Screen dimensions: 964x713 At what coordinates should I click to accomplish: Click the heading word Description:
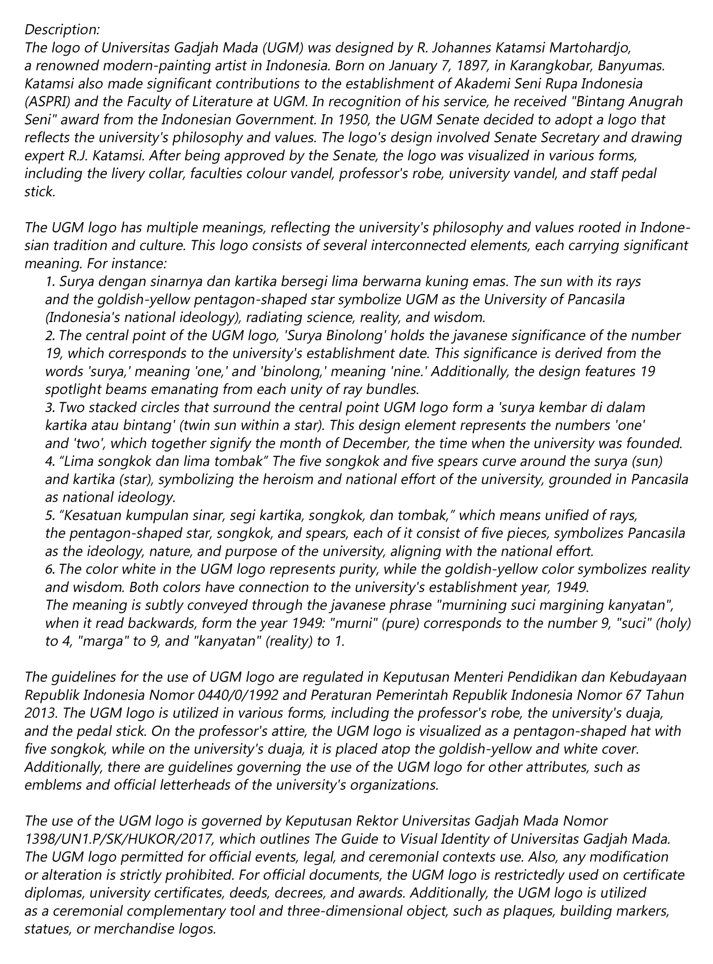point(62,29)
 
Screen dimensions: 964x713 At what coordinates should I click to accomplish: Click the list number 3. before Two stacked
point(50,407)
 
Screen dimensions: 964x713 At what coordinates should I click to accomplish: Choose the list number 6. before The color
point(50,569)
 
